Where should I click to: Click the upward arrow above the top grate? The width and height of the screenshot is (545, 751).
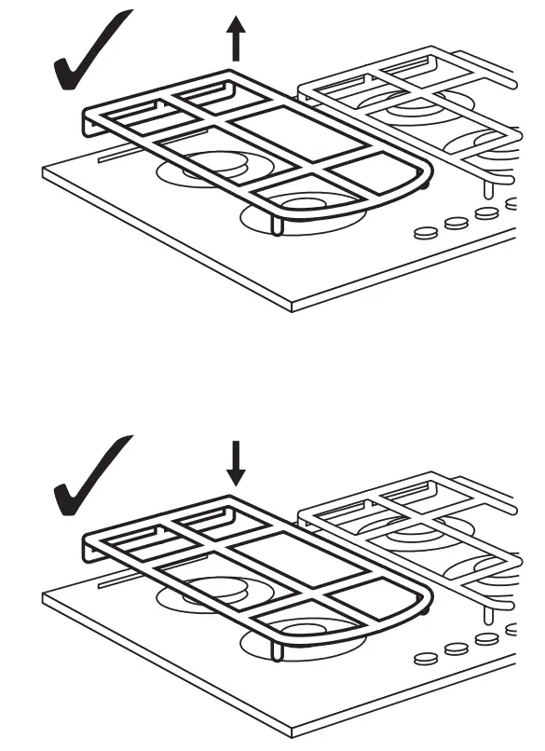pos(236,43)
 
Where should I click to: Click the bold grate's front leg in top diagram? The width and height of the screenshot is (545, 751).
pos(277,225)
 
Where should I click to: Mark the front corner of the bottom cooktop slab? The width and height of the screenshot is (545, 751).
pos(293,730)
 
